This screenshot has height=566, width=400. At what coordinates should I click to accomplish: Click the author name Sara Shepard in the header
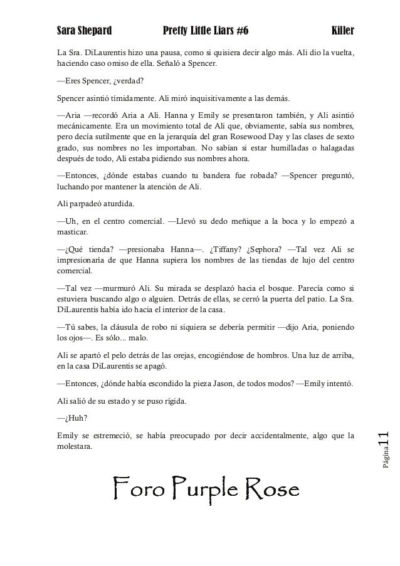84,31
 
